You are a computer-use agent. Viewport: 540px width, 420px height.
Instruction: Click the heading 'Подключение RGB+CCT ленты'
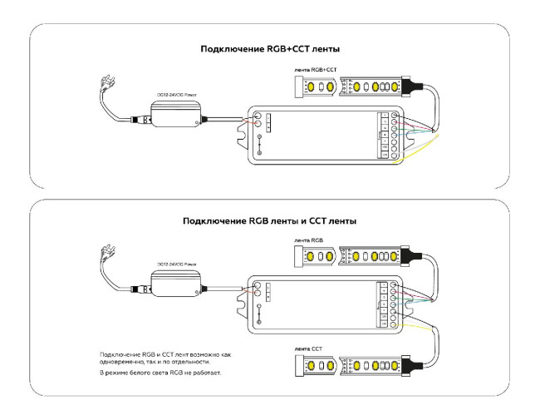click(270, 49)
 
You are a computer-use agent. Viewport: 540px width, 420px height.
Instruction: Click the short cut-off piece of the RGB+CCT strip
click(319, 86)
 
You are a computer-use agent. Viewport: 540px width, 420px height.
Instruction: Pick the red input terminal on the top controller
click(257, 127)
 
